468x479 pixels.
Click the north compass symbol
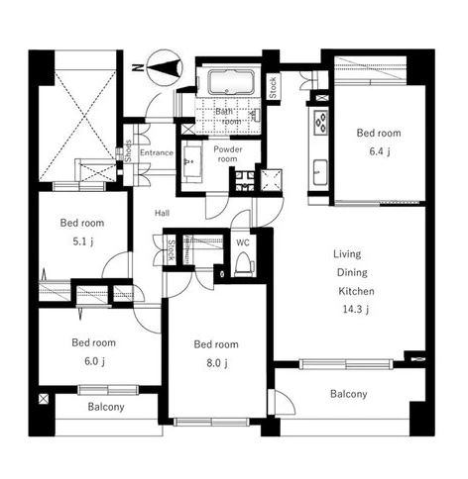click(x=165, y=68)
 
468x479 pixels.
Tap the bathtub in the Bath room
click(x=231, y=82)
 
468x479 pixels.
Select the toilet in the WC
click(x=244, y=265)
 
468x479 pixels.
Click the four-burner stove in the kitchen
click(x=321, y=123)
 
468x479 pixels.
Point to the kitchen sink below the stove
click(x=320, y=172)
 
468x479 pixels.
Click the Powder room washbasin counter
click(x=192, y=162)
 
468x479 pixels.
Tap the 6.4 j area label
click(x=380, y=151)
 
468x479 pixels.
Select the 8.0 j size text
click(x=217, y=363)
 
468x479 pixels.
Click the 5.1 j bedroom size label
click(x=83, y=241)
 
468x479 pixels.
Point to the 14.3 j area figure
click(x=356, y=310)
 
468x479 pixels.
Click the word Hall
click(x=163, y=213)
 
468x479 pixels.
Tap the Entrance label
click(x=157, y=152)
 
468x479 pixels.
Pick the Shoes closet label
click(x=128, y=151)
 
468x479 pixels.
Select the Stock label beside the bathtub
click(x=273, y=87)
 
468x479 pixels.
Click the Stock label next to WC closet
click(x=171, y=250)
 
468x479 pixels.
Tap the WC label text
click(x=243, y=242)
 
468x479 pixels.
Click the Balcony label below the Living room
click(x=349, y=394)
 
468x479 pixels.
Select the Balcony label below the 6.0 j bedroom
click(x=106, y=407)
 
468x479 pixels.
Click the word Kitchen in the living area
click(x=356, y=291)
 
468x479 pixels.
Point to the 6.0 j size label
click(x=94, y=361)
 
